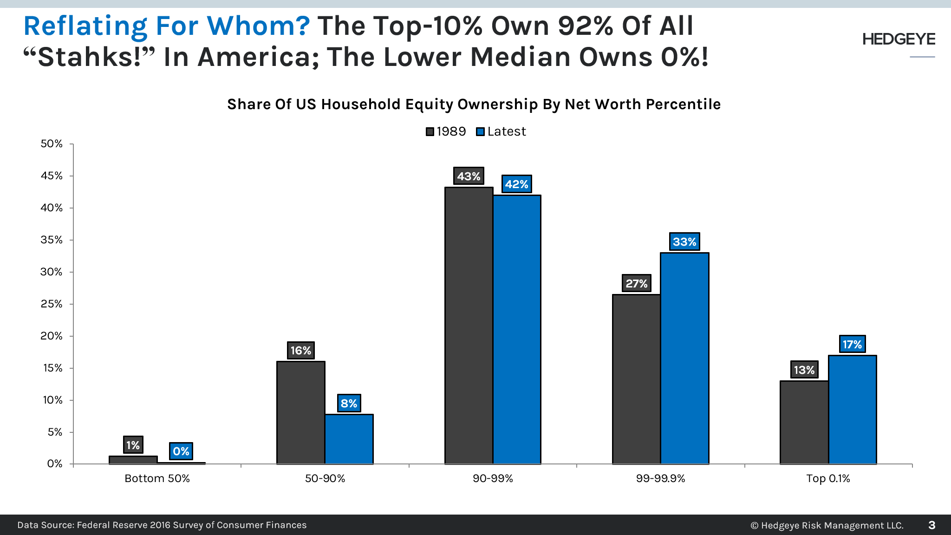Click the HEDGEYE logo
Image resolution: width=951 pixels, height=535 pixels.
coord(899,39)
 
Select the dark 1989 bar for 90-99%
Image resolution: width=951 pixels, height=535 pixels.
coord(469,325)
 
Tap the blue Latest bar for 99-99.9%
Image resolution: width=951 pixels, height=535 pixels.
coord(684,358)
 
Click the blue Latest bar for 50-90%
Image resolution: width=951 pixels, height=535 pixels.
coord(349,439)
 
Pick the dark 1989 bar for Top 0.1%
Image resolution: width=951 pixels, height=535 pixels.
coord(804,422)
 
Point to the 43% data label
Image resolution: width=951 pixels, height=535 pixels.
coord(469,176)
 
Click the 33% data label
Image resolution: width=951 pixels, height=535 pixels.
coord(684,241)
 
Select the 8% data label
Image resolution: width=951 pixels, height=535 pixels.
coord(349,403)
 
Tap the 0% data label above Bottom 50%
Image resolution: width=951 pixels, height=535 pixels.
coord(181,451)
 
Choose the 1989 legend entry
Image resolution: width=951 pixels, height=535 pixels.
coord(446,131)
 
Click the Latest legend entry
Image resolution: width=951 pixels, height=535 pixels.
coord(502,131)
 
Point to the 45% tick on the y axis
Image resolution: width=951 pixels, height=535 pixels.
coord(52,176)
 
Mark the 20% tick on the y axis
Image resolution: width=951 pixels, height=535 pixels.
coord(52,336)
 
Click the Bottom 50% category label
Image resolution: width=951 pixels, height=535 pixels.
coord(157,478)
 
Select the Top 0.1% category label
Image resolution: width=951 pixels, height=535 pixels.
coord(828,478)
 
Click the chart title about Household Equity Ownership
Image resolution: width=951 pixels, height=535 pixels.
coord(474,104)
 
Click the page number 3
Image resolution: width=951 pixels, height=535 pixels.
coord(931,525)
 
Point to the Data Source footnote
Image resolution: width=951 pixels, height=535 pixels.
coord(162,525)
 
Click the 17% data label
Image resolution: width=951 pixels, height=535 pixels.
coord(852,344)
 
